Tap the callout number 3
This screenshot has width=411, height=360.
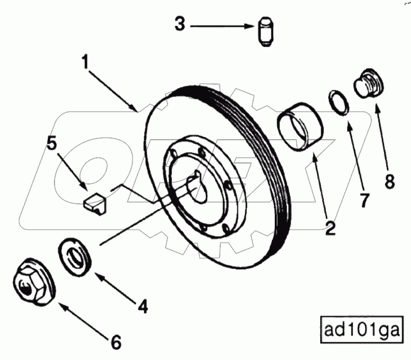(180, 25)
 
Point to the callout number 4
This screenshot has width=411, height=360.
(142, 306)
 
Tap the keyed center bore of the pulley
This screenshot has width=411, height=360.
(200, 190)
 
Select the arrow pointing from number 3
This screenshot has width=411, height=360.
(221, 26)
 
